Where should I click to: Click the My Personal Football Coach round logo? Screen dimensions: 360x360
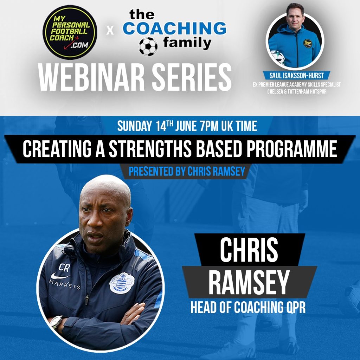coord(70,32)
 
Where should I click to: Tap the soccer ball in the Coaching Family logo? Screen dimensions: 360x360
coord(148,46)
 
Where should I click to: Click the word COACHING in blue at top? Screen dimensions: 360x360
coord(174,28)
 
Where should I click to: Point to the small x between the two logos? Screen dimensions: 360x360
coord(110,31)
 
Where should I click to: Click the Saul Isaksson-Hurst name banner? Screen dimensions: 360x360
coord(297,75)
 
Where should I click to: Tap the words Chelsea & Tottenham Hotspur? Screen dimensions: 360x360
coord(297,91)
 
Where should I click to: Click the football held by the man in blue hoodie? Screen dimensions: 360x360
coord(278,57)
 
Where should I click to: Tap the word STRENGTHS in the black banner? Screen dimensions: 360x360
coord(150,149)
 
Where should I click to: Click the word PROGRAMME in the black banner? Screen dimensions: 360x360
coord(292,149)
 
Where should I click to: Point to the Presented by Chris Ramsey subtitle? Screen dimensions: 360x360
coord(187,171)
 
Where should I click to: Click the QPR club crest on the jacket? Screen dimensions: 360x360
coord(122,283)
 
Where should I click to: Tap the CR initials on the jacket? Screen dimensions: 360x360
coord(64,268)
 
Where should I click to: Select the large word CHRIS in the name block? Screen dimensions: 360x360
coord(249,250)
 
